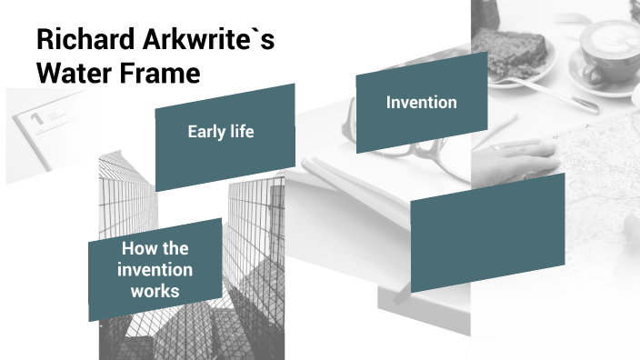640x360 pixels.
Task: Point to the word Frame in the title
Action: tap(157, 72)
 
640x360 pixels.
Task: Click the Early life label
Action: tap(220, 132)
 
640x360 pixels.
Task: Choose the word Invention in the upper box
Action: tap(421, 102)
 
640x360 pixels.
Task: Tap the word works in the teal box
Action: tap(155, 291)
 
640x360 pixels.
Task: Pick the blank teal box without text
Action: tap(487, 232)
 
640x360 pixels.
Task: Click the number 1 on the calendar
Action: tap(36, 117)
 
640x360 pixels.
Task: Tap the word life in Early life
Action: tap(240, 132)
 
